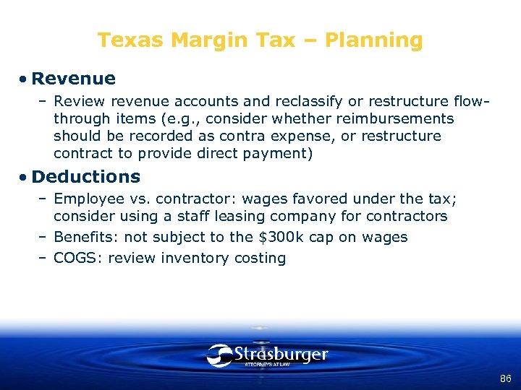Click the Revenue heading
tap(73, 78)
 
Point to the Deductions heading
tap(86, 176)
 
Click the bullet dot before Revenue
tap(24, 79)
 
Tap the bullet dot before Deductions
tap(24, 177)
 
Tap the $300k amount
tap(279, 237)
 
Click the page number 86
tap(505, 378)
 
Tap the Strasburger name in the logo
tap(281, 354)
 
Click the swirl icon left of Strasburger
tap(219, 355)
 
